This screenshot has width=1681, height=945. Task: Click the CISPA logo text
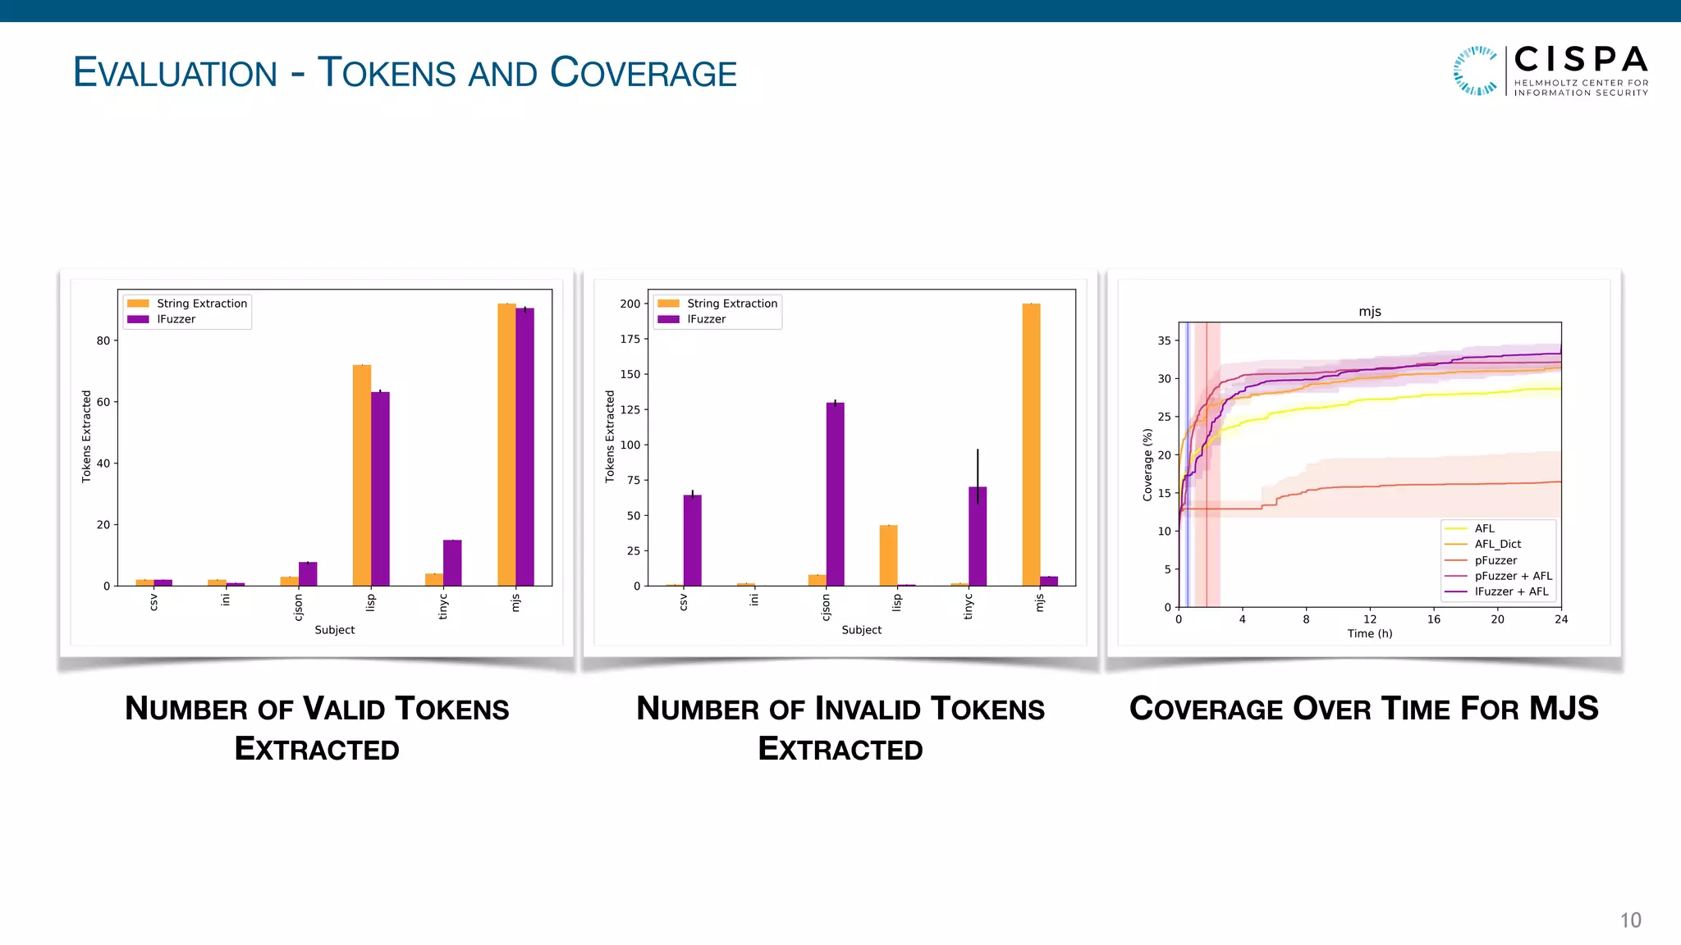(1580, 60)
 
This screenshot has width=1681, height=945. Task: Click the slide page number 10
(1630, 920)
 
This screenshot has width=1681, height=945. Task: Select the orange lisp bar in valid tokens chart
(361, 475)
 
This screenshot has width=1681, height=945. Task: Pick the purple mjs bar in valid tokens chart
(525, 447)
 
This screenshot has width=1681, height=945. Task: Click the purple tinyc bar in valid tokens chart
(452, 563)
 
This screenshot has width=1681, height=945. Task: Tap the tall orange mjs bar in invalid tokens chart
(1031, 444)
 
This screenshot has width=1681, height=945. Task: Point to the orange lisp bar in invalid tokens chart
(888, 555)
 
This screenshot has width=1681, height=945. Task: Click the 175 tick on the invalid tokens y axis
(630, 339)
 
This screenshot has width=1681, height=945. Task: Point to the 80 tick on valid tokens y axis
(103, 340)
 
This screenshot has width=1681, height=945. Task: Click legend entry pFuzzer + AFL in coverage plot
(1513, 576)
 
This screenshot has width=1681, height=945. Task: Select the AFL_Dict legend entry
(1497, 544)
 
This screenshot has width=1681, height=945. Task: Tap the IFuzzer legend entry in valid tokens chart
(176, 319)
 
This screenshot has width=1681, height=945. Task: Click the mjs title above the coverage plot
(1369, 312)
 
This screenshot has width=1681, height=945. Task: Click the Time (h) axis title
(1369, 633)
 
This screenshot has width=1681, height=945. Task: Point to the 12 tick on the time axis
(1369, 619)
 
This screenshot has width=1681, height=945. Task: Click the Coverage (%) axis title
(1147, 465)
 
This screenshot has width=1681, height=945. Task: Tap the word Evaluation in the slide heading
(176, 73)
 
